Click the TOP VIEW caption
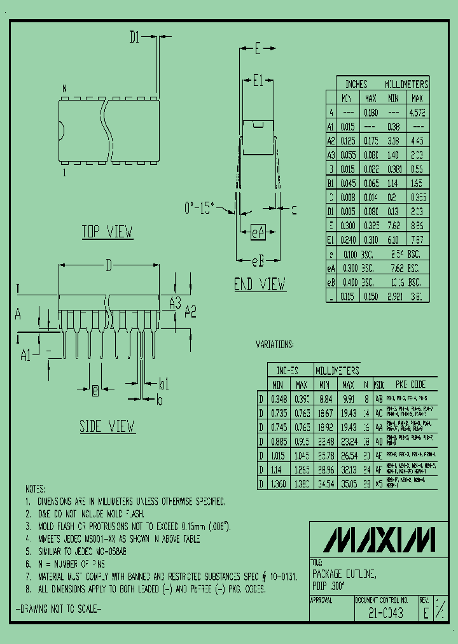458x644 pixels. click(108, 232)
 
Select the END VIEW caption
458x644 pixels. click(260, 284)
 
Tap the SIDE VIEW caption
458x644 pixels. click(108, 426)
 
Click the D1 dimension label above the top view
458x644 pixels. click(134, 38)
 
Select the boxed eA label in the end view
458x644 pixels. click(258, 233)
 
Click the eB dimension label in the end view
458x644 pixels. click(257, 260)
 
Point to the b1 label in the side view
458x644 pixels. click(163, 383)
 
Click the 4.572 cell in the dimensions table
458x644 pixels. click(417, 112)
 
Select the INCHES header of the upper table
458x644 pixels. click(356, 84)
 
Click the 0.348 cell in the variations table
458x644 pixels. click(278, 399)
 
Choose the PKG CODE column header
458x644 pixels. click(410, 384)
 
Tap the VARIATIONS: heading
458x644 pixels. click(275, 344)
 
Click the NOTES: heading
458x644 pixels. click(35, 489)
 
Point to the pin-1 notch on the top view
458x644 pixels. click(61, 132)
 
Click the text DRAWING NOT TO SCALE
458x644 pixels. click(58, 609)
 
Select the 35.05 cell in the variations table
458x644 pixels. click(347, 483)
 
